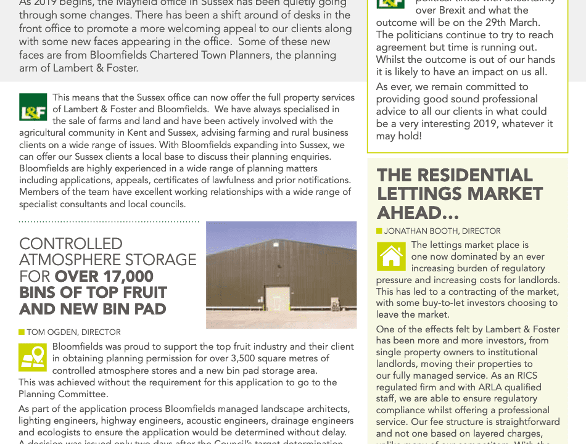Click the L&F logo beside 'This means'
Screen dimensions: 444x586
tap(33, 107)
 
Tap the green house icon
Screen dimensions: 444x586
tap(391, 256)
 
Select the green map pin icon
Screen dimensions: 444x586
tap(33, 357)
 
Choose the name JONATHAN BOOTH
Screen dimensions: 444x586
tap(421, 231)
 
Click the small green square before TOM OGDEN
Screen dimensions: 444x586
tap(22, 332)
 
